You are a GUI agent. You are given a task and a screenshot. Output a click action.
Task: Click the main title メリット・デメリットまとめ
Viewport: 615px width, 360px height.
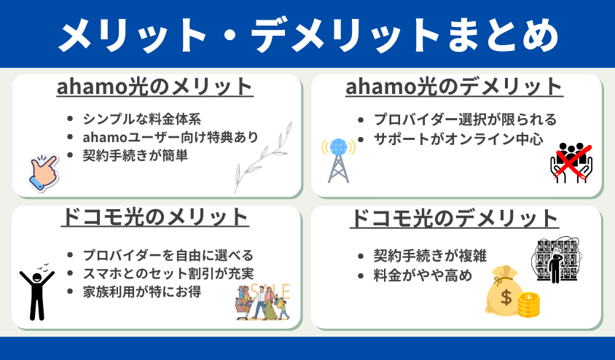point(309,35)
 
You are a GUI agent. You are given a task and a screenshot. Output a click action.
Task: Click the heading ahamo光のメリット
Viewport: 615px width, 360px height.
point(155,87)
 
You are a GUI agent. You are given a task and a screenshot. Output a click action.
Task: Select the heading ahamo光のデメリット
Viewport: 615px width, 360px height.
point(454,87)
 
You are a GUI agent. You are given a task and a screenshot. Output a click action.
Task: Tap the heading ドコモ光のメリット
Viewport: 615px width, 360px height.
point(155,217)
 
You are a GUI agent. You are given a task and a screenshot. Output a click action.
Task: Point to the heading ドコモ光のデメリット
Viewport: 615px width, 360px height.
point(454,218)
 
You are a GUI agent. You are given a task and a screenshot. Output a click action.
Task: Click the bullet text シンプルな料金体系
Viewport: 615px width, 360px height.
point(141,119)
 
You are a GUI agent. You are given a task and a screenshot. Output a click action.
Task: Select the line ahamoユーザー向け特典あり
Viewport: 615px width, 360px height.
point(171,137)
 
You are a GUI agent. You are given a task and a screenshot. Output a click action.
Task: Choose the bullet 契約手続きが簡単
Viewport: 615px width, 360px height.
point(136,155)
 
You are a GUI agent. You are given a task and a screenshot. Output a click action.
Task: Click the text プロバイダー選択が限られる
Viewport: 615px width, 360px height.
point(465,120)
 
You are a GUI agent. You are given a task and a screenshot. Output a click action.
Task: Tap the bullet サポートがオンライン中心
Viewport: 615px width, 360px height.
point(458,138)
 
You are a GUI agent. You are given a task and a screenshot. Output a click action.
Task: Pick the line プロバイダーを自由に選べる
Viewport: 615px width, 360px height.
point(168,255)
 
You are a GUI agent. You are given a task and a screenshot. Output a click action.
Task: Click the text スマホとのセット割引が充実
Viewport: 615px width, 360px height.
point(168,273)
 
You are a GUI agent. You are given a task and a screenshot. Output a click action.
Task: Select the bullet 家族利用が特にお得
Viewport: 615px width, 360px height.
point(141,291)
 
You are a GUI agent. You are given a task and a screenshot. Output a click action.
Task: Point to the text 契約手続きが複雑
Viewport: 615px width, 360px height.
point(430,256)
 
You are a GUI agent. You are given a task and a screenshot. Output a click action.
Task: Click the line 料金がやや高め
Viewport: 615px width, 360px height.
point(423,275)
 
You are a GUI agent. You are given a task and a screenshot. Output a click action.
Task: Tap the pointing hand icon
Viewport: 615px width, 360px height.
point(44,173)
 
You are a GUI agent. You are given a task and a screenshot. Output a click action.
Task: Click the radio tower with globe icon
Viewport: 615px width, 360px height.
point(338,160)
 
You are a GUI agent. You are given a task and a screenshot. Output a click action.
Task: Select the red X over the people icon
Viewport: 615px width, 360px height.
point(572,162)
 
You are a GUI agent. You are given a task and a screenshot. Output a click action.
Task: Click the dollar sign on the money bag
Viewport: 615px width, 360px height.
point(506,297)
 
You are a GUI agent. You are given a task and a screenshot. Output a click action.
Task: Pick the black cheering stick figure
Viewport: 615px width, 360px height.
point(37,291)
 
